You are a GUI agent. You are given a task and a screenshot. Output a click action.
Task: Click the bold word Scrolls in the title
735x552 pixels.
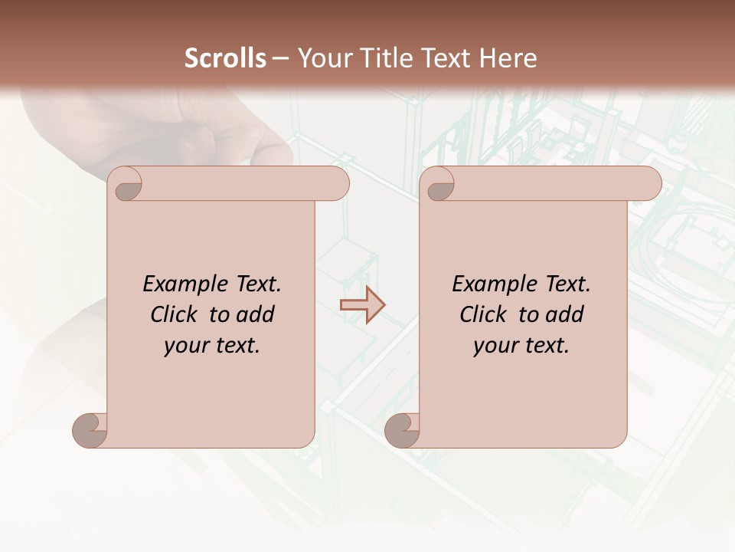[x=225, y=58]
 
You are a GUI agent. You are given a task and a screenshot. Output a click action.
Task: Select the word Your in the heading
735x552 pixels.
[x=323, y=58]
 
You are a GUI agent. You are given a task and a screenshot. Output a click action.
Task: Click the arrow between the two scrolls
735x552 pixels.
[x=362, y=304]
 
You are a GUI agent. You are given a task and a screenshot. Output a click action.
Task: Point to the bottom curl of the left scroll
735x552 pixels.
[x=90, y=431]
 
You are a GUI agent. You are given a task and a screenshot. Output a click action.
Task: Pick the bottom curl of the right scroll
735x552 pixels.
[x=403, y=431]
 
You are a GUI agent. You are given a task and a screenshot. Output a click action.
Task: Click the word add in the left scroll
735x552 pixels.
[x=256, y=314]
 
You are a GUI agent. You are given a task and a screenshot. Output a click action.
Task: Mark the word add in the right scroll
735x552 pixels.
[x=565, y=314]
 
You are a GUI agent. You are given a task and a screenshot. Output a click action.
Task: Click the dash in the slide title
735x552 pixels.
[x=281, y=58]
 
